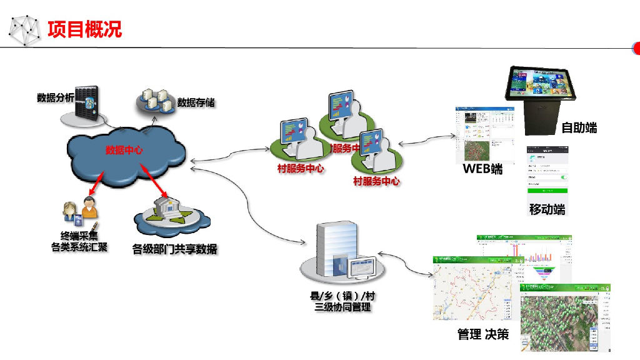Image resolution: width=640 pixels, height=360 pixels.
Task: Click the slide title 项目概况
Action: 84,29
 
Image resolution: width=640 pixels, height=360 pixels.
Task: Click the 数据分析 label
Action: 55,97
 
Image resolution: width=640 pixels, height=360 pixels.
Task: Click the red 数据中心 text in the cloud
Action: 124,150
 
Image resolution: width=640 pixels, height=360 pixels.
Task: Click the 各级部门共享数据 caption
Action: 174,249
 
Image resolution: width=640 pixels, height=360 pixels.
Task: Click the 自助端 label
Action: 579,127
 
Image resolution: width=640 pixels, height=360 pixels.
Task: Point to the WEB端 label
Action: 482,169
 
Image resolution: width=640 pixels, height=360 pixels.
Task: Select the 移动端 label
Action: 547,209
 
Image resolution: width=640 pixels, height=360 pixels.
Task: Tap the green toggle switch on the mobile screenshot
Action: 564,177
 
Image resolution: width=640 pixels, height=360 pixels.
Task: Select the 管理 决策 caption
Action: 482,334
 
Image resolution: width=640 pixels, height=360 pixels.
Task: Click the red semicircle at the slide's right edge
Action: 636,48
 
